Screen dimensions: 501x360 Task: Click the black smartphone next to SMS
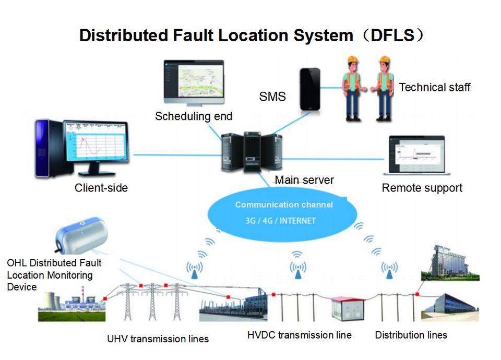pyautogui.click(x=309, y=89)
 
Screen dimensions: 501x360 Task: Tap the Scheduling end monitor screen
pyautogui.click(x=194, y=79)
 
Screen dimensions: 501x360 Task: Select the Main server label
pyautogui.click(x=304, y=180)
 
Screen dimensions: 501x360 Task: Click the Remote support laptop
pyautogui.click(x=416, y=155)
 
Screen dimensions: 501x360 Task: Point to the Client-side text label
pyautogui.click(x=101, y=188)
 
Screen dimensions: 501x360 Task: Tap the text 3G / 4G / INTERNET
pyautogui.click(x=281, y=221)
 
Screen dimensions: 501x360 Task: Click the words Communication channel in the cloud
pyautogui.click(x=284, y=205)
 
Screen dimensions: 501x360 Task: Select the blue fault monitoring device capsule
pyautogui.click(x=81, y=235)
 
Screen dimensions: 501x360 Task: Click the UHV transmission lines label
pyautogui.click(x=158, y=339)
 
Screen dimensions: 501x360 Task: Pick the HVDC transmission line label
pyautogui.click(x=300, y=335)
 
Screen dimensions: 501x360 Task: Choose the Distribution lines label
pyautogui.click(x=411, y=335)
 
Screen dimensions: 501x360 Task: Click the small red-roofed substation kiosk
pyautogui.click(x=348, y=308)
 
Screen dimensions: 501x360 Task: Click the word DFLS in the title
pyautogui.click(x=392, y=35)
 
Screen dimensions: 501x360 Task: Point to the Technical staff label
pyautogui.click(x=435, y=87)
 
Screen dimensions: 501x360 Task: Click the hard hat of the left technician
pyautogui.click(x=353, y=59)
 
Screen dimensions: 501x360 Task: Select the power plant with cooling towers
pyautogui.click(x=71, y=304)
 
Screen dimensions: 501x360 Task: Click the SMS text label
pyautogui.click(x=272, y=97)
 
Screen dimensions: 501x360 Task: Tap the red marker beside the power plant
pyautogui.click(x=105, y=298)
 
